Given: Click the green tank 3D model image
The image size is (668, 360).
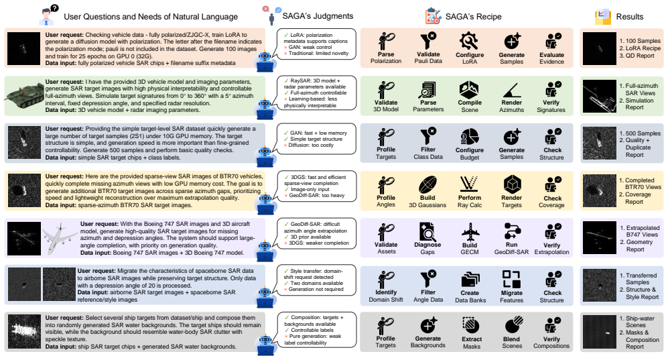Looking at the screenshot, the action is pos(24,95).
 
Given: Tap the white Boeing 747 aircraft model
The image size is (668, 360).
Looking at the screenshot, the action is pos(60,238).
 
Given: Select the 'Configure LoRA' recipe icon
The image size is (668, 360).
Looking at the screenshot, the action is pos(468,41).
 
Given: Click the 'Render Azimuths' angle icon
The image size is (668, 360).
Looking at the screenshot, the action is pos(512,90).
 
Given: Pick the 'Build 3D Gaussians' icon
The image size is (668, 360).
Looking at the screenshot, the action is pos(427,185).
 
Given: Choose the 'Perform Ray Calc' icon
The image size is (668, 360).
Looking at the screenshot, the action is pos(469,184).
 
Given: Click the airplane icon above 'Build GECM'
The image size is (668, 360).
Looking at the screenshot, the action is pos(470,232).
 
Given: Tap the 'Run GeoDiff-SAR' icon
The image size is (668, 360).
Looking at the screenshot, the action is pos(511,232).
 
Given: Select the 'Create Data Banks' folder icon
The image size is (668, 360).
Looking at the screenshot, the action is pos(470,280).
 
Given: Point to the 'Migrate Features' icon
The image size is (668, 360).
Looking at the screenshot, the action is pos(511,280).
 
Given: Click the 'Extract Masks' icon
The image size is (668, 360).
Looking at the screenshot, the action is pos(471,326).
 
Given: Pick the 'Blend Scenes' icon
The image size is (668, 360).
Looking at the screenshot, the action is pos(513,326).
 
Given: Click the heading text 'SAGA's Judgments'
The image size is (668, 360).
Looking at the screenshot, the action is pos(318,16).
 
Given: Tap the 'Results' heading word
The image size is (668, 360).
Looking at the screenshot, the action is pos(630,17).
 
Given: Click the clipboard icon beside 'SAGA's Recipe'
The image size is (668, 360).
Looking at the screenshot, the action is pos(433,16).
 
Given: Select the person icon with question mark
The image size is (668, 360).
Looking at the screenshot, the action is pos(48,15).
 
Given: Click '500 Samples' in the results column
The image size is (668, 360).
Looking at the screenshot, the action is pos(643,133).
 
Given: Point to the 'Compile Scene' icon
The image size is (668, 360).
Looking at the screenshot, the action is pos(469,90).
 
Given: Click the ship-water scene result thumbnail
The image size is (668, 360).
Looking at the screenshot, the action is pos(600,333).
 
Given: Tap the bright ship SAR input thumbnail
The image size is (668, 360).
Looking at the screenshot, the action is pos(24,332).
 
